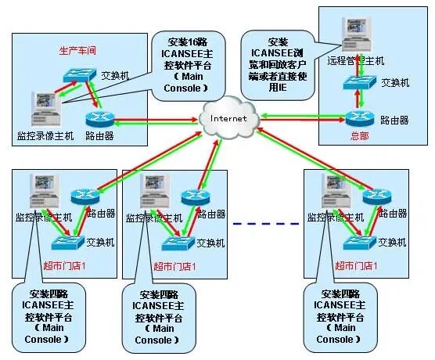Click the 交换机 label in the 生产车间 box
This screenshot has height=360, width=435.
(x=115, y=75)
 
